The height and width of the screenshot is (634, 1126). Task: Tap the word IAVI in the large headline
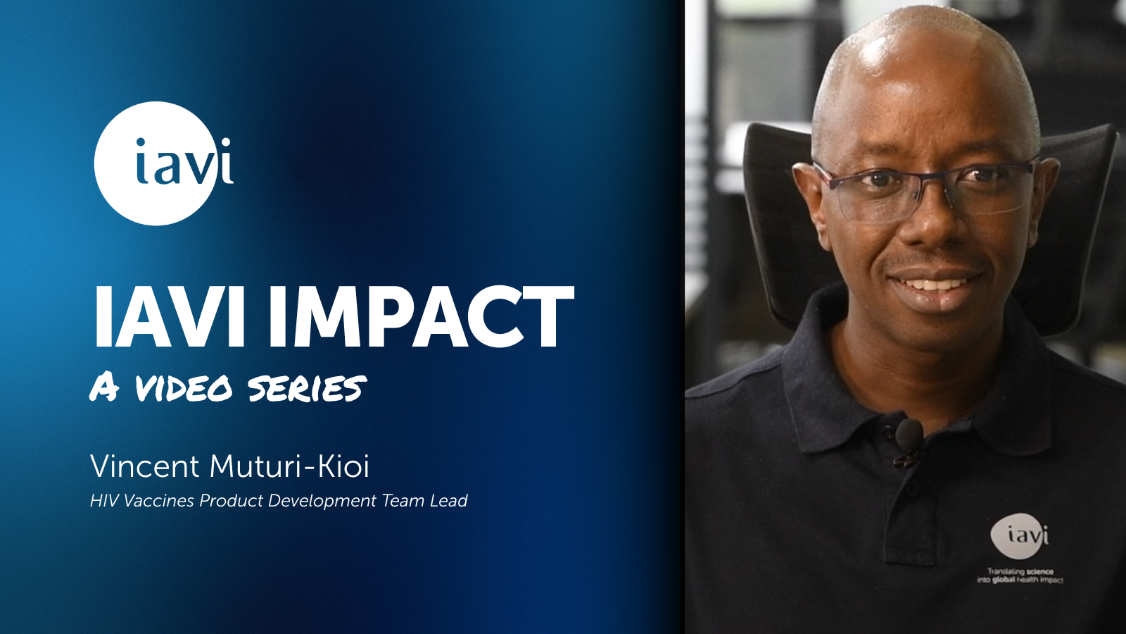point(168,316)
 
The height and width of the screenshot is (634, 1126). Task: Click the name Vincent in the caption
point(145,466)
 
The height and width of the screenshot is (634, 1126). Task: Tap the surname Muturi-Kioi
point(289,466)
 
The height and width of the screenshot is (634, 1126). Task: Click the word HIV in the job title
point(105,501)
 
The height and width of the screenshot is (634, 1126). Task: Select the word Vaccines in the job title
point(159,501)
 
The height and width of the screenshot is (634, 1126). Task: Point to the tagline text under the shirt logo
point(1020,576)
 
